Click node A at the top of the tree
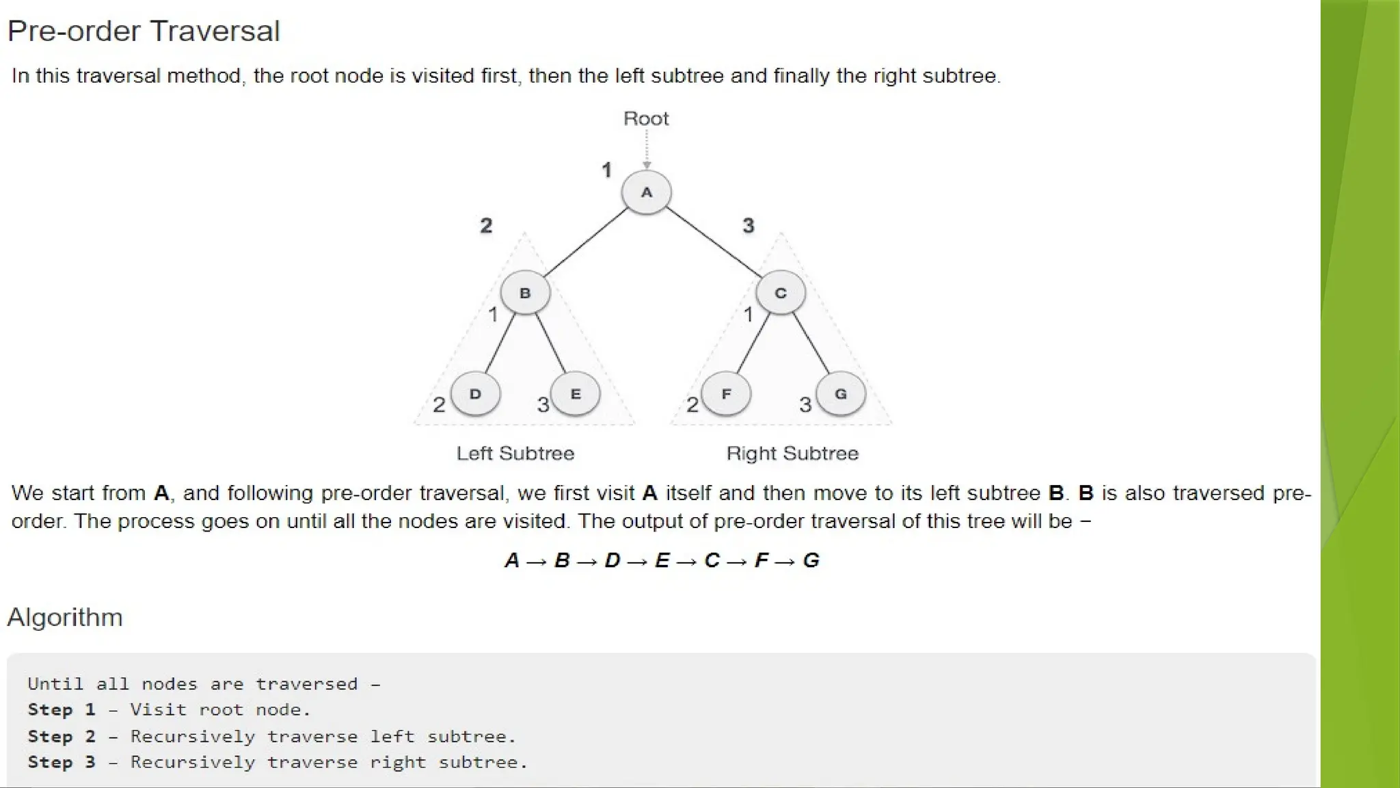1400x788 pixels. point(646,192)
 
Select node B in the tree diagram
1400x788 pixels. point(525,293)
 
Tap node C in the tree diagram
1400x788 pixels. point(780,293)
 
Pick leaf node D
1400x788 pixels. point(475,394)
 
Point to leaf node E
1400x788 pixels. point(576,394)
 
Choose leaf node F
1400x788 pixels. point(726,394)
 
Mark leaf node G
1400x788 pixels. point(841,394)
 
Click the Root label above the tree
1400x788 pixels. point(646,119)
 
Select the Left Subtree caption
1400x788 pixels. point(515,454)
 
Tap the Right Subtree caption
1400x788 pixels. point(792,454)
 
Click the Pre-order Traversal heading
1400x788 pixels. point(144,31)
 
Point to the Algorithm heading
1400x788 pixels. point(65,617)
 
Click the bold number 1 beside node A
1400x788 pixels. point(606,170)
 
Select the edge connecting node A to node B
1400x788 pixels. point(586,243)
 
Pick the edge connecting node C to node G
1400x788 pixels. point(811,343)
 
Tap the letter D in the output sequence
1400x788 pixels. point(612,561)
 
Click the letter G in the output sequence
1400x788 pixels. point(811,561)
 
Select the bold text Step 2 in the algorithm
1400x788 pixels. point(61,737)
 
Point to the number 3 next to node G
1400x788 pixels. point(805,405)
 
